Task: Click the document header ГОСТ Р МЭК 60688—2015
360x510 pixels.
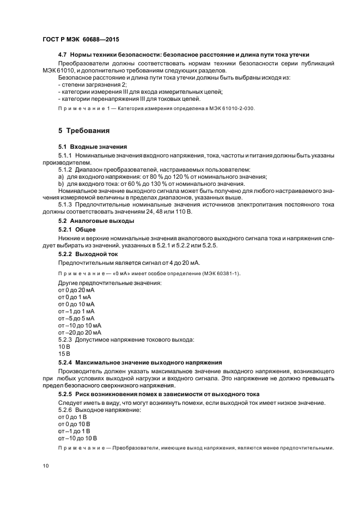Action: pyautogui.click(x=80, y=40)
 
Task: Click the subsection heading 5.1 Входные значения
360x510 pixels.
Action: pyautogui.click(x=92, y=147)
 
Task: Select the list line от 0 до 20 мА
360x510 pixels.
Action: pyautogui.click(x=76, y=290)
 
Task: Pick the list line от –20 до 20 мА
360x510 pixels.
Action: pyautogui.click(x=80, y=332)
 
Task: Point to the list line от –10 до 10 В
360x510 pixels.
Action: pyautogui.click(x=77, y=438)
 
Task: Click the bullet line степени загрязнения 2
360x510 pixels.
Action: pyautogui.click(x=92, y=85)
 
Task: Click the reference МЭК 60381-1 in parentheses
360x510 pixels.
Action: pyautogui.click(x=218, y=273)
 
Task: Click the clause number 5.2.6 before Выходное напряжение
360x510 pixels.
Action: pyautogui.click(x=65, y=410)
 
